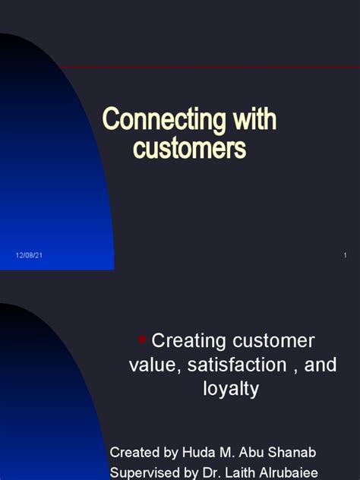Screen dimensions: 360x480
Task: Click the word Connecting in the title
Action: pos(164,120)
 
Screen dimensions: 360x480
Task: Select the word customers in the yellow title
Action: pos(189,148)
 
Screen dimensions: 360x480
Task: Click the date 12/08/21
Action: pos(29,255)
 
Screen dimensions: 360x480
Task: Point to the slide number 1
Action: pos(346,255)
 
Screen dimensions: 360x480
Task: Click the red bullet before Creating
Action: pos(142,339)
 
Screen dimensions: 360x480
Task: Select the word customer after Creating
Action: pos(273,341)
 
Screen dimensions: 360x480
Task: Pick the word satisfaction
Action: pos(237,365)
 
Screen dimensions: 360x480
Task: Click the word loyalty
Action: pos(231,389)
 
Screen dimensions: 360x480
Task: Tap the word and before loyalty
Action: pos(321,365)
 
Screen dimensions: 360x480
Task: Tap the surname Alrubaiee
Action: pos(289,472)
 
